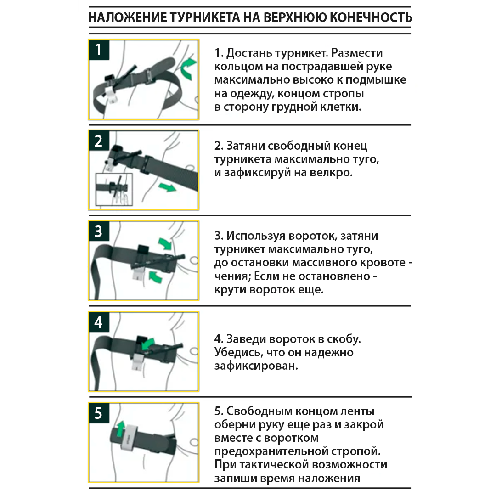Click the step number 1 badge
click(x=99, y=50)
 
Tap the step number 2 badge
click(x=99, y=141)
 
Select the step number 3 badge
click(x=99, y=231)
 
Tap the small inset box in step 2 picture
click(x=113, y=189)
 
